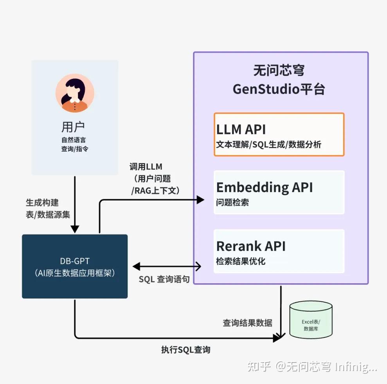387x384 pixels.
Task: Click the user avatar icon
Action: [x=75, y=93]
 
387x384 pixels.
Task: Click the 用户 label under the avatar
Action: [x=73, y=127]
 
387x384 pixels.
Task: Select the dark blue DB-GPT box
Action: [x=75, y=266]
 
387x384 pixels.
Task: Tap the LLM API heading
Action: [x=241, y=129]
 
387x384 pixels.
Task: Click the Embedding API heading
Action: [x=265, y=187]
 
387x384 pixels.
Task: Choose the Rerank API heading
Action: [x=251, y=246]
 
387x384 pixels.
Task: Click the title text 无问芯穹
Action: [x=279, y=71]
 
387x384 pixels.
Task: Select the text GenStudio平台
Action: [x=279, y=89]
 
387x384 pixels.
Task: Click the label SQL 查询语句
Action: [x=164, y=279]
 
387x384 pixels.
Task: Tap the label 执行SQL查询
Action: [x=185, y=350]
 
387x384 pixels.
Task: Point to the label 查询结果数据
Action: [x=247, y=322]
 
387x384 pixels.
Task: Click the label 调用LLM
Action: [x=146, y=167]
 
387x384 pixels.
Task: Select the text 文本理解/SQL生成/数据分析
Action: [x=268, y=145]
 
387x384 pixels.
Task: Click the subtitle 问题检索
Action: [x=232, y=203]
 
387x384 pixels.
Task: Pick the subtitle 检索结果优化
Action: [x=241, y=261]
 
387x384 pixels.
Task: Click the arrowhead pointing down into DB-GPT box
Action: [x=75, y=229]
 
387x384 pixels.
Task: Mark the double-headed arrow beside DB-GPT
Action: [x=167, y=267]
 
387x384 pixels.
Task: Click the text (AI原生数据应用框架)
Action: [x=75, y=273]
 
